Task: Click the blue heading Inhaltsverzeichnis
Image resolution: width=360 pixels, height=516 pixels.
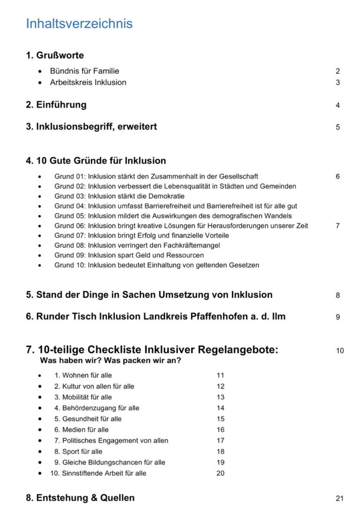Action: [79, 24]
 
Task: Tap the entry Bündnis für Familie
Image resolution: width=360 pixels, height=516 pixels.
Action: [84, 71]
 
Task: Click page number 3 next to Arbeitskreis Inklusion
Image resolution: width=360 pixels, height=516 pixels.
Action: [338, 83]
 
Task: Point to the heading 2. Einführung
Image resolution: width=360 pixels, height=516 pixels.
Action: [56, 105]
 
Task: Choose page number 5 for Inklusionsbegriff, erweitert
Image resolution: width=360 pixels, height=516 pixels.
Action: [338, 127]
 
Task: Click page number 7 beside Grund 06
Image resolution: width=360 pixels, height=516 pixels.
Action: [337, 226]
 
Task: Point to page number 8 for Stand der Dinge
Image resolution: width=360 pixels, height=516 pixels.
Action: [338, 296]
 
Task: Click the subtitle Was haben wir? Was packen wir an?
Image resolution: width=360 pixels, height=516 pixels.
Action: [110, 361]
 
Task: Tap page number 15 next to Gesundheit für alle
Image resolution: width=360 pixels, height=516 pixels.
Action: [220, 419]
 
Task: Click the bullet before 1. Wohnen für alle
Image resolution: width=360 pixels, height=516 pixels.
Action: [40, 375]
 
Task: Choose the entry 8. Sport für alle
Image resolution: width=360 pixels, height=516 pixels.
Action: [78, 451]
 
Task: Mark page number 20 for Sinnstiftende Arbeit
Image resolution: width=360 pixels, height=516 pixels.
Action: [220, 473]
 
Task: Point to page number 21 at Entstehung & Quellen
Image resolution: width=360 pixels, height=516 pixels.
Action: [339, 499]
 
